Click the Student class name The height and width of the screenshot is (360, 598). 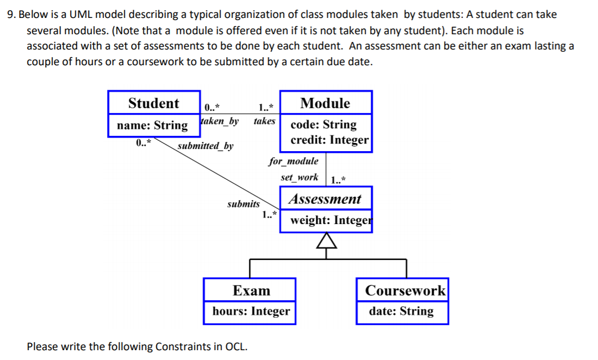tap(153, 103)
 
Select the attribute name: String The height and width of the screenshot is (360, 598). tap(152, 126)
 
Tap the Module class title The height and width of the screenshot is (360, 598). tap(325, 103)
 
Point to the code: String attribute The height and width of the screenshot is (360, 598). tap(323, 125)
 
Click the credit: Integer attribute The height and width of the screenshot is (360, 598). tap(329, 140)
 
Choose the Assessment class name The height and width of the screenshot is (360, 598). tap(325, 199)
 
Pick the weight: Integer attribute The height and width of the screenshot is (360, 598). tap(331, 220)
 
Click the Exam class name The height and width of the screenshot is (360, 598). tap(251, 290)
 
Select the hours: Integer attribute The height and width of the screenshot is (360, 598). tap(251, 312)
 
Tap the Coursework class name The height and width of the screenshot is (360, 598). tap(405, 290)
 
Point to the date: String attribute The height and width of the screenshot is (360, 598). tap(401, 312)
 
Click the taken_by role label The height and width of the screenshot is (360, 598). tap(220, 121)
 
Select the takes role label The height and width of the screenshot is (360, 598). tap(264, 121)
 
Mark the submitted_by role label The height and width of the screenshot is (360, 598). tap(205, 146)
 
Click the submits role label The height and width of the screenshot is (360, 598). tap(243, 204)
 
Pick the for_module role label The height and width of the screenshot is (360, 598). tap(294, 161)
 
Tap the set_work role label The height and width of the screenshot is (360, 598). tap(299, 177)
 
